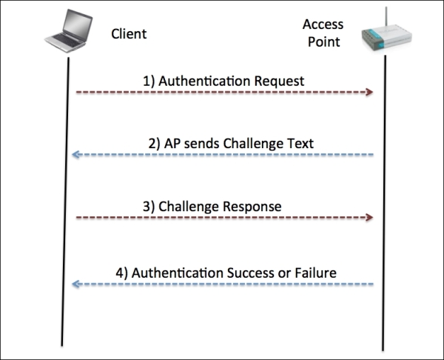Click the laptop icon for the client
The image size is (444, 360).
pos(69,30)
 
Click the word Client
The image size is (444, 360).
pos(129,34)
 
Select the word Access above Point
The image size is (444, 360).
pos(323,24)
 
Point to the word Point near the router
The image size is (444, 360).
pos(324,42)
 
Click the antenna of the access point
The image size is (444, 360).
pos(386,18)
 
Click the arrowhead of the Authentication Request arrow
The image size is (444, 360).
pos(369,92)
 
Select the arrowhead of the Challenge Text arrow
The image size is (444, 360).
pos(75,155)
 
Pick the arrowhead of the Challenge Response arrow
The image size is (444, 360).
pos(369,218)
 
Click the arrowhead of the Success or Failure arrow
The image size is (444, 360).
pos(75,284)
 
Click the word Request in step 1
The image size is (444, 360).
pos(279,81)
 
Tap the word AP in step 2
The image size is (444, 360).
pos(172,144)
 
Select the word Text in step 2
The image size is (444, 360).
pos(300,144)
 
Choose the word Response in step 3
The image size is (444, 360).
pos(248,207)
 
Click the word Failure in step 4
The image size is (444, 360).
pos(316,273)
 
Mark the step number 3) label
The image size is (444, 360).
pos(149,207)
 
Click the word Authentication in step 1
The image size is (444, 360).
pos(205,81)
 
